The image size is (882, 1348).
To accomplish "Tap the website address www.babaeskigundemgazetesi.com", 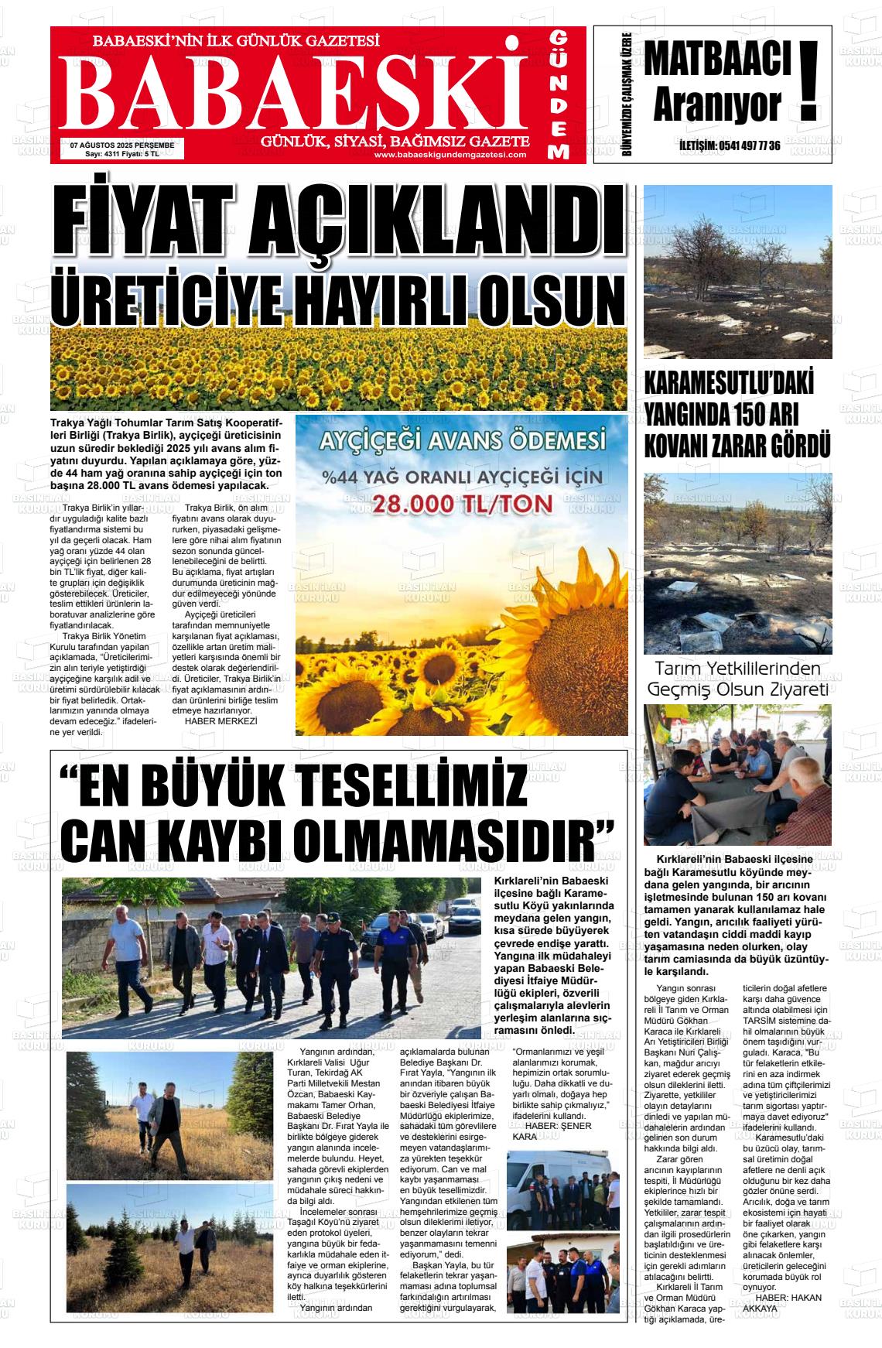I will [450, 155].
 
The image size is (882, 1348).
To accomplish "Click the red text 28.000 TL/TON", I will [463, 504].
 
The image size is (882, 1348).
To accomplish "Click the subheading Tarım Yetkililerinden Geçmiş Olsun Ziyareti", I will [737, 679].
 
